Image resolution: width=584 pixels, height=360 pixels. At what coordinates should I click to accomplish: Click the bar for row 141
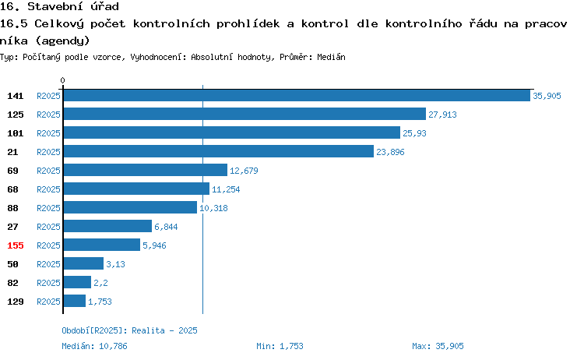pos(297,95)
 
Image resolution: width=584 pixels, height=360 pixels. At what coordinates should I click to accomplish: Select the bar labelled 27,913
pos(245,114)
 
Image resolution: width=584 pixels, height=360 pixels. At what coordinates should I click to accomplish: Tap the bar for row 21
pos(219,151)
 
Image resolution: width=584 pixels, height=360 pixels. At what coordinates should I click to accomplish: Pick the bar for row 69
pos(146,170)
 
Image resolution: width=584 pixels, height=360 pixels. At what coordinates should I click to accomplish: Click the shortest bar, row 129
pos(75,301)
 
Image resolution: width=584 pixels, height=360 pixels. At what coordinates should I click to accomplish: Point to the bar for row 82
pos(77,282)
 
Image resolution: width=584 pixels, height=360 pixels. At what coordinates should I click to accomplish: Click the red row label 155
pos(16,245)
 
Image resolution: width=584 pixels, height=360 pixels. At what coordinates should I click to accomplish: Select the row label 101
pos(16,133)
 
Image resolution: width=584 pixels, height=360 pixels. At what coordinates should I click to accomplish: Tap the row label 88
pos(12,208)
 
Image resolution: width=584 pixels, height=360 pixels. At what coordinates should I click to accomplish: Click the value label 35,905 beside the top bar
pos(547,96)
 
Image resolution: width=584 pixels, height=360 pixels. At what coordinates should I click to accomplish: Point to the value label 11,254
pos(226,189)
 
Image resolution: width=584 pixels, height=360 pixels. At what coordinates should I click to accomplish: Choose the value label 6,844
pos(166,227)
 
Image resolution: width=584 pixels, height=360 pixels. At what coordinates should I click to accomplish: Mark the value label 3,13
pos(115,264)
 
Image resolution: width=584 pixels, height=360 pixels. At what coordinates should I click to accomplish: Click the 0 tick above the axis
pos(62,80)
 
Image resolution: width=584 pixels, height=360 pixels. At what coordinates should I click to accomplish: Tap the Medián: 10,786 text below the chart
pos(94,346)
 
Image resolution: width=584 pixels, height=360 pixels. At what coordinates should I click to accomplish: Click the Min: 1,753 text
pos(280,346)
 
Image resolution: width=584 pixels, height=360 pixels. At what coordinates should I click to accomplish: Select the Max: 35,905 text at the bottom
pos(438,346)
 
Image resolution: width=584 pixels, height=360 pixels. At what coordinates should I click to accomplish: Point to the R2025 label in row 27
pos(48,227)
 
